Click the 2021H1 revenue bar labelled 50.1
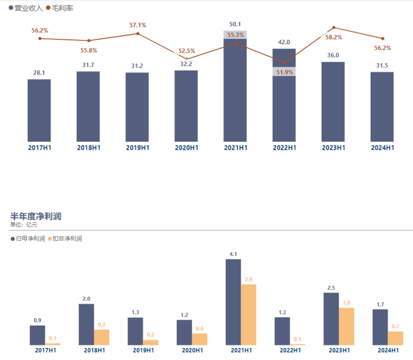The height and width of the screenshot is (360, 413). pos(235,93)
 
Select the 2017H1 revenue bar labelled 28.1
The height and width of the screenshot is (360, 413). pos(39,111)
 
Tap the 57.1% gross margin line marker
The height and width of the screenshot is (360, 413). pos(138,33)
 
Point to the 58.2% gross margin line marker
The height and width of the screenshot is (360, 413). pos(334,28)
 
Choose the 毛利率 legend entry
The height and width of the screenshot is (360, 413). pos(59,8)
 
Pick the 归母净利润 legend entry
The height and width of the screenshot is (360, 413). pos(28,239)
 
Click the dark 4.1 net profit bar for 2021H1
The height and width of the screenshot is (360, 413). pos(233,302)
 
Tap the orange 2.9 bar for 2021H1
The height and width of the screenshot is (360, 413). pos(248,314)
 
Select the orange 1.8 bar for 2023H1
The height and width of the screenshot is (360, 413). pos(346,326)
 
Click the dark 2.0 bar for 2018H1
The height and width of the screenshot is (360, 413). pos(86,324)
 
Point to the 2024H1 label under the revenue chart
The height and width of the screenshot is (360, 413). pos(383,147)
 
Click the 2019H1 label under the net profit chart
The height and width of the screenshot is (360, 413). pos(143,350)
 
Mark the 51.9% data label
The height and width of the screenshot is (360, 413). pos(284,72)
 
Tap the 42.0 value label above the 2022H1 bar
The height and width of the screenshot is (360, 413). pos(284,42)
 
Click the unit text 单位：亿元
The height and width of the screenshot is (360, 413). pos(24,224)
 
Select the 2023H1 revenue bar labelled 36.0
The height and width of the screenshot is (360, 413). pos(333,102)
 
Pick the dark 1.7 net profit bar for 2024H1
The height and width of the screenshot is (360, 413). pos(380,327)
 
